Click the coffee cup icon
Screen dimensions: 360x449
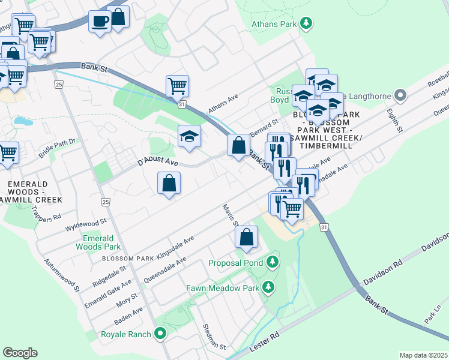[100, 22]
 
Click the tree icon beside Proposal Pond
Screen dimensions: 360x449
[273, 262]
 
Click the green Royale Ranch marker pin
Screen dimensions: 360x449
[160, 334]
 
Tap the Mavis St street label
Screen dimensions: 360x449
[231, 215]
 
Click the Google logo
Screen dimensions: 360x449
[20, 352]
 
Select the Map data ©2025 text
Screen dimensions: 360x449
[423, 355]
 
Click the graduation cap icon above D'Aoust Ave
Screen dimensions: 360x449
[189, 136]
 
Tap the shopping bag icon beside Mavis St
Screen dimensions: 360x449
[246, 238]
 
